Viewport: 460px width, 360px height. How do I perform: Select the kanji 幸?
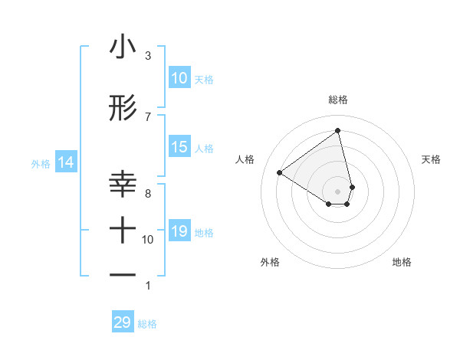(x=123, y=185)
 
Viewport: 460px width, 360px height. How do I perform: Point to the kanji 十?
(x=123, y=230)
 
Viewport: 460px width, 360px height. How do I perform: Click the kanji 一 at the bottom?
(x=123, y=274)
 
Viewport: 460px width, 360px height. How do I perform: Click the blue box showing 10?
(x=179, y=78)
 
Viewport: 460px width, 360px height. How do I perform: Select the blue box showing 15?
(x=179, y=147)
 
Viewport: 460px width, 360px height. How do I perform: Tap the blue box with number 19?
(x=179, y=231)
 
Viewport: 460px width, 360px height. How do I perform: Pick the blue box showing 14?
(x=66, y=162)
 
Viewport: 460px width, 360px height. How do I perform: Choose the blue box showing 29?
(x=123, y=322)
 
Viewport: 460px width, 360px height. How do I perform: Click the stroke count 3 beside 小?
(x=148, y=56)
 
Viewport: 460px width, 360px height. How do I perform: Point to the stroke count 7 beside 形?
(x=148, y=116)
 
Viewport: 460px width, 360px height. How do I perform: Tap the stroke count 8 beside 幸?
(x=148, y=193)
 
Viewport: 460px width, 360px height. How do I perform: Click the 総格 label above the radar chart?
(x=338, y=100)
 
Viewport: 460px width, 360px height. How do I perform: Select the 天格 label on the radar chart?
(x=432, y=159)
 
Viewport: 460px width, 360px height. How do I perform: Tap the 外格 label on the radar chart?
(x=270, y=262)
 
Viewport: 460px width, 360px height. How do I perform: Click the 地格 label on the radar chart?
(x=402, y=262)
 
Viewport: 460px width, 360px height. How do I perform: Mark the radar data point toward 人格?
(x=280, y=172)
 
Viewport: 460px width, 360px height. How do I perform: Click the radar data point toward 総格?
(x=338, y=131)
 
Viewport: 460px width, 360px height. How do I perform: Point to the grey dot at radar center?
(x=338, y=191)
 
